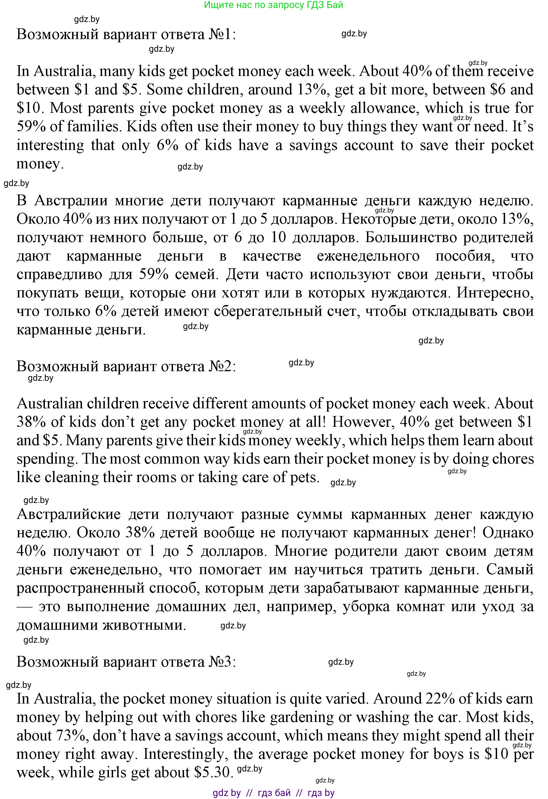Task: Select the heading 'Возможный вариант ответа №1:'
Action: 126,34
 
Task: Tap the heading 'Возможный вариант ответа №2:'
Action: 126,366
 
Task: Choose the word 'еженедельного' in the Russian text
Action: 368,256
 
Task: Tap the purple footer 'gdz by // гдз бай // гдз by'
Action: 274,793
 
